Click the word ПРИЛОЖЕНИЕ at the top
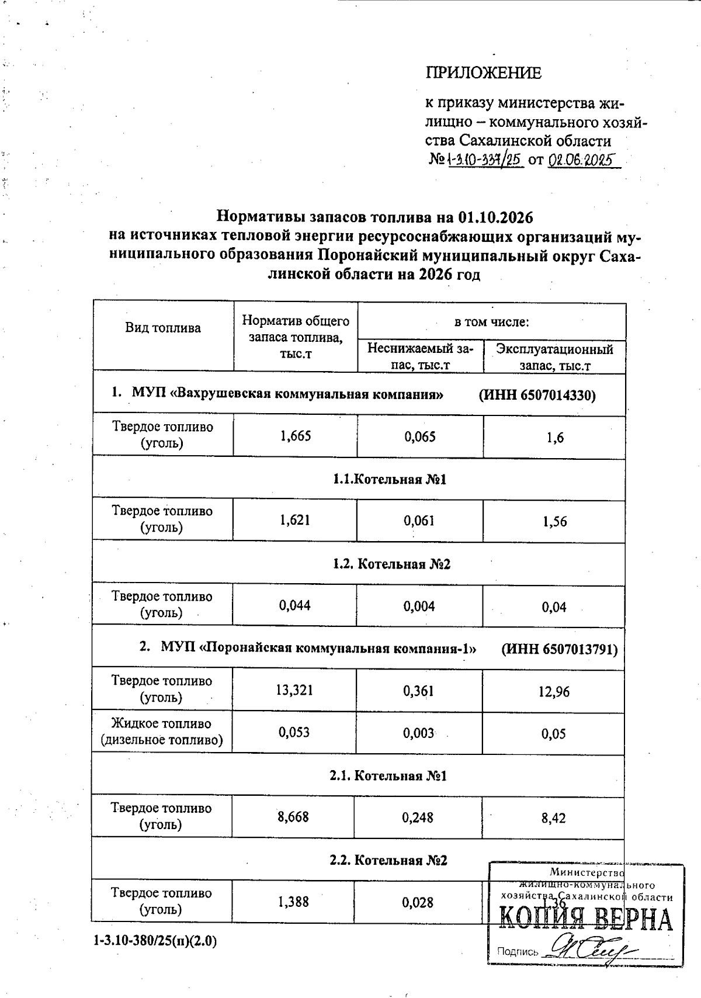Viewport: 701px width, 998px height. coord(483,73)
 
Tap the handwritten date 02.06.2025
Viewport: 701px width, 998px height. coord(582,159)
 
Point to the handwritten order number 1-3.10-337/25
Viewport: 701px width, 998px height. coord(484,159)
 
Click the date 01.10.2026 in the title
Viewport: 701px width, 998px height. coord(496,217)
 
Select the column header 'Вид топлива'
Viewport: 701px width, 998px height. coord(163,328)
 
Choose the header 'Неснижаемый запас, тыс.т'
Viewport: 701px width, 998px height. coord(420,357)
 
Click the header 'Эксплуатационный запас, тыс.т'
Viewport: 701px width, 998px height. coord(554,357)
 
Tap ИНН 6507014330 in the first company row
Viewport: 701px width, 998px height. coord(537,395)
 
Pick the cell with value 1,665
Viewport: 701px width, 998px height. coord(296,436)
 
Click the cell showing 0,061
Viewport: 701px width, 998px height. coord(419,520)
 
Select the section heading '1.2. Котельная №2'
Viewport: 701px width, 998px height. coord(391,564)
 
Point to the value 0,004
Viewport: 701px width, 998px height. coord(419,606)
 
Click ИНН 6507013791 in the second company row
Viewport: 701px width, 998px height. coord(559,649)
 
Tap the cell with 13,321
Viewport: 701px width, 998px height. coord(294,690)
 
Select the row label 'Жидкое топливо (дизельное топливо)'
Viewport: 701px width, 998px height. coord(162,732)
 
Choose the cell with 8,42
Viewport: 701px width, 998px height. coord(553,817)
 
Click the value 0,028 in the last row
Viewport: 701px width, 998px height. coord(418,902)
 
